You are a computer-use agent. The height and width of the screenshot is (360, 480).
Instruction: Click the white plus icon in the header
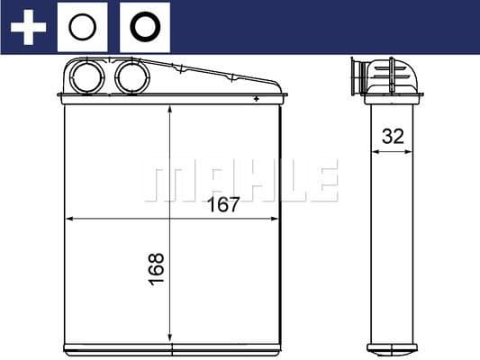28,27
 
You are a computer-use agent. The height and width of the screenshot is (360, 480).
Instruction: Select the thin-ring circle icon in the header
83,28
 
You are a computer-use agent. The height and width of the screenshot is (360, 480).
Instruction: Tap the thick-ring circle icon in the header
144,28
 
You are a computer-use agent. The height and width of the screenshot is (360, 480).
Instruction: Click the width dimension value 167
223,204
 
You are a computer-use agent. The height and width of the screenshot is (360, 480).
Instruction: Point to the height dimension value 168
156,269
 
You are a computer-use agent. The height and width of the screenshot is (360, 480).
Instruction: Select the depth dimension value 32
393,137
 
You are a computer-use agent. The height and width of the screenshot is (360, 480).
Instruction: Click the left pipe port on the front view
88,77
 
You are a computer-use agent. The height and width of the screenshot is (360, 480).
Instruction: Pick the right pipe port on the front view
131,77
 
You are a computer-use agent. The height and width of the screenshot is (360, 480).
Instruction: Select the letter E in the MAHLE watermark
323,181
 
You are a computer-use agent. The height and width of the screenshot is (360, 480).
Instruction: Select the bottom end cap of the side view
393,347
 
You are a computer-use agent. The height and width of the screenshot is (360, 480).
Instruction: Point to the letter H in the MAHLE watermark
246,181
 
